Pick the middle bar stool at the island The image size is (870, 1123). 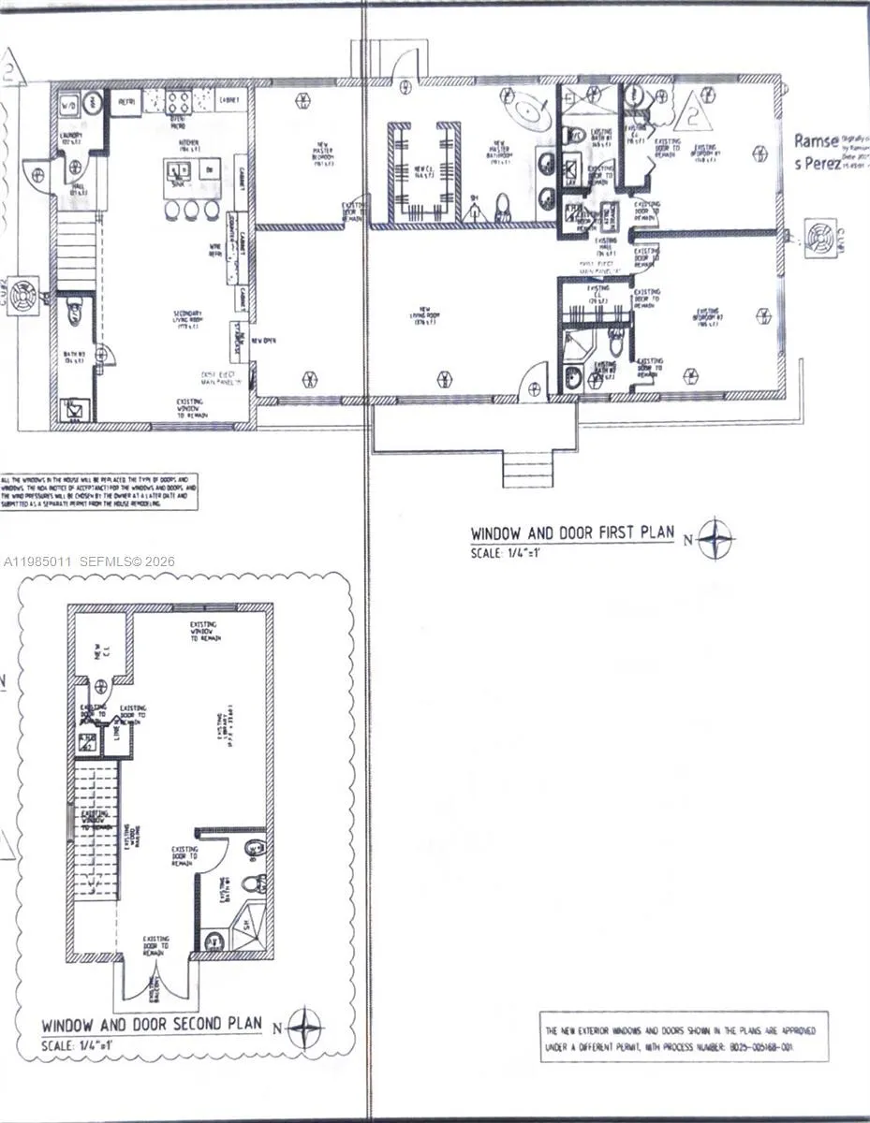click(x=193, y=211)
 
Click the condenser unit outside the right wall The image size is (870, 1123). click(x=818, y=240)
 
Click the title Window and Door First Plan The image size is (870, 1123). click(x=572, y=532)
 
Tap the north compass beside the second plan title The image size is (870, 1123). click(x=304, y=1028)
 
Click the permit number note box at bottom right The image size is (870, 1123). click(x=683, y=1037)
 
